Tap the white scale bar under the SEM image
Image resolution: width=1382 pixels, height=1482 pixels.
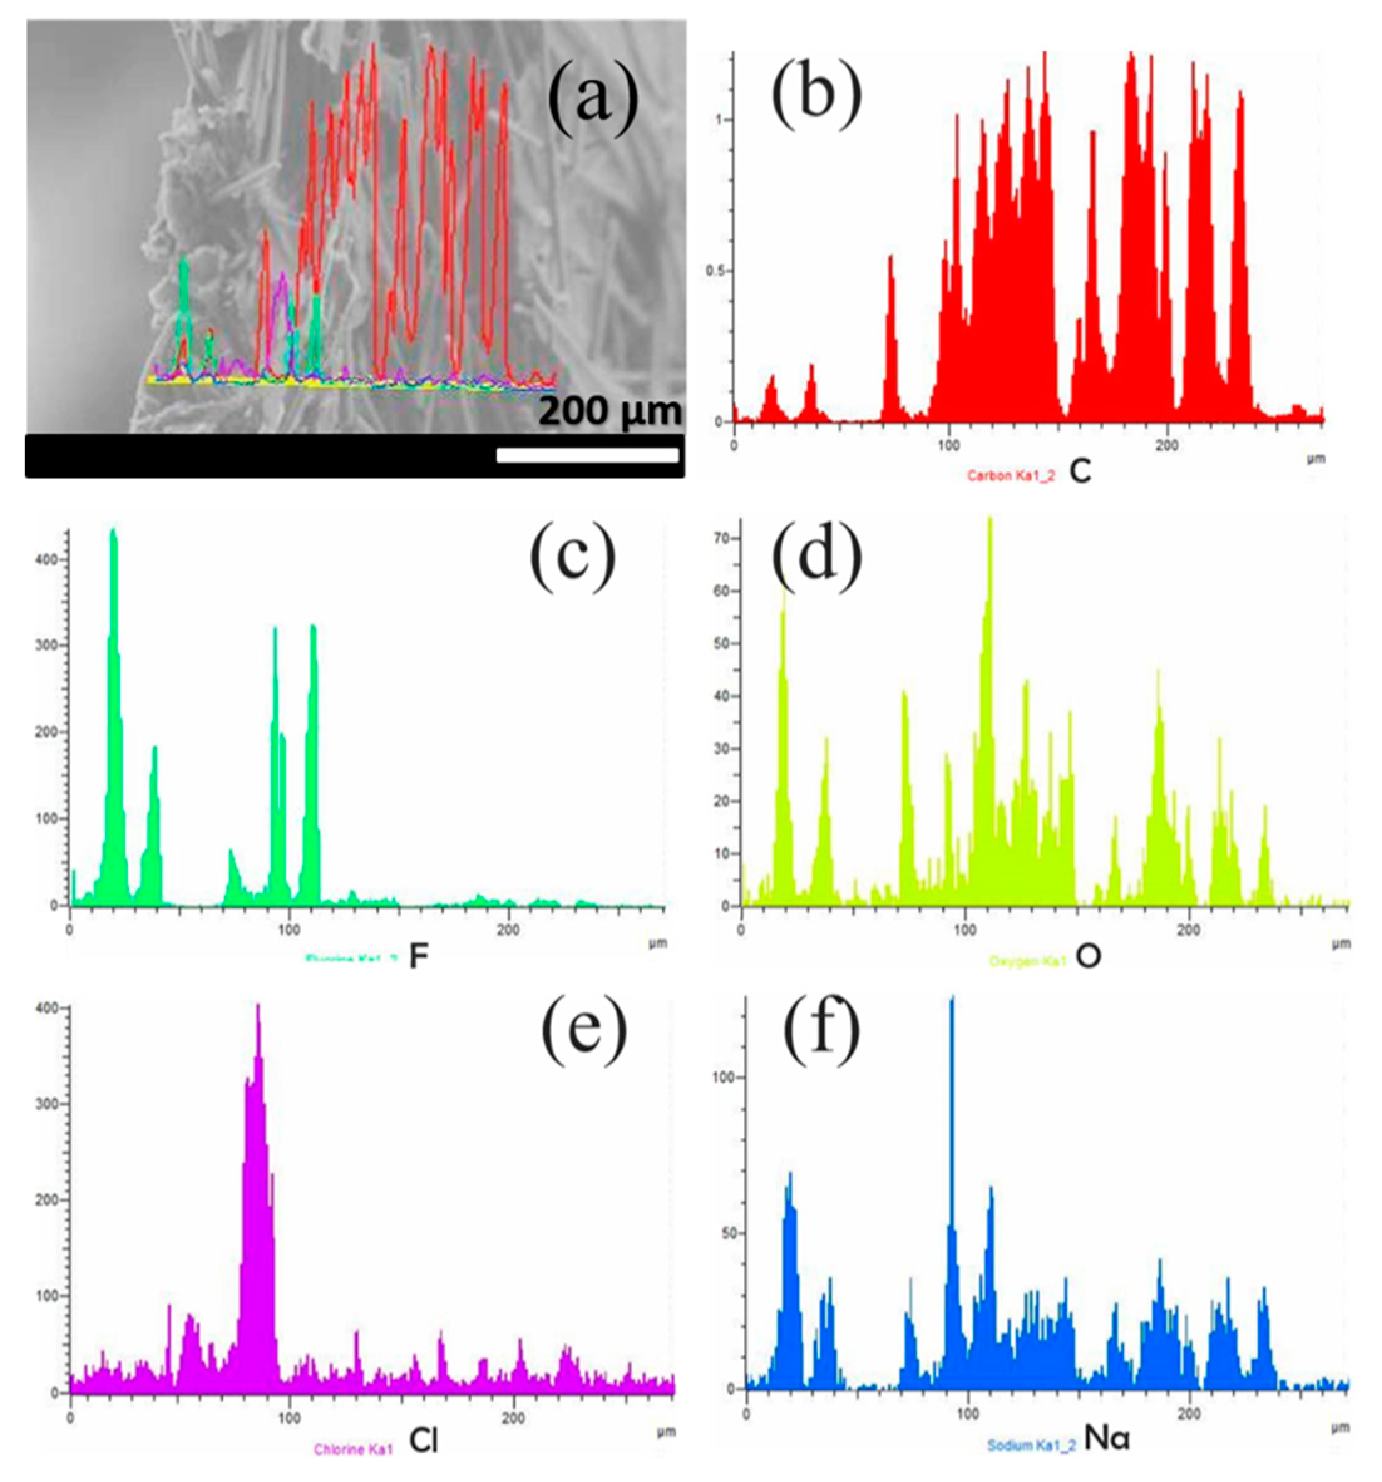[x=587, y=455]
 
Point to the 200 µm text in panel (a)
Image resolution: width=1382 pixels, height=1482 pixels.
[x=609, y=411]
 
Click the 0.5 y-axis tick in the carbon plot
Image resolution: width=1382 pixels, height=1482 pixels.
[x=716, y=271]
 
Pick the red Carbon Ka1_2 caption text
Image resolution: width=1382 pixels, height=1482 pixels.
[x=1011, y=476]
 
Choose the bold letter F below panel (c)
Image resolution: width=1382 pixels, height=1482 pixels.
[x=418, y=958]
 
